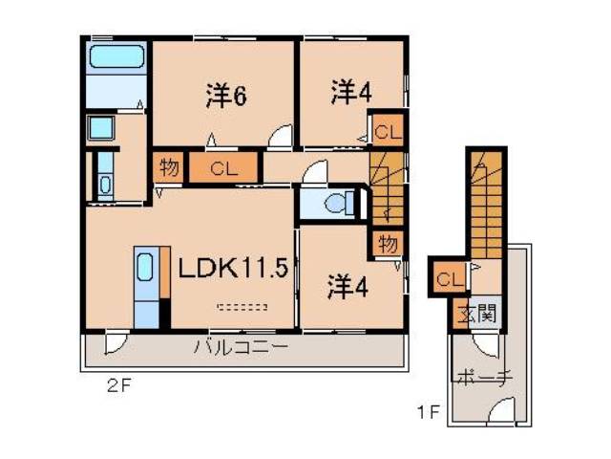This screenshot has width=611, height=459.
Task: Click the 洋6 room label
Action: coord(226,96)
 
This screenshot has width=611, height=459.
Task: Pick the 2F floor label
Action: coord(118,389)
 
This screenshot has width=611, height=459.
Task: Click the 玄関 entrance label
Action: coord(480,314)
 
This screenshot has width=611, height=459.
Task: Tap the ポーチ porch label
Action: coord(487,375)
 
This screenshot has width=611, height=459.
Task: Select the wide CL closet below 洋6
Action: coord(223,169)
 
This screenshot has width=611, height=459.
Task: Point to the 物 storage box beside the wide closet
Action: coord(168,168)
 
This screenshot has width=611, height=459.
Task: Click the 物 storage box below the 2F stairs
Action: coord(387,242)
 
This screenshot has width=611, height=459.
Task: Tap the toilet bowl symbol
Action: coord(335,203)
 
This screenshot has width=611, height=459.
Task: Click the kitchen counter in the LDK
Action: coord(146,288)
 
